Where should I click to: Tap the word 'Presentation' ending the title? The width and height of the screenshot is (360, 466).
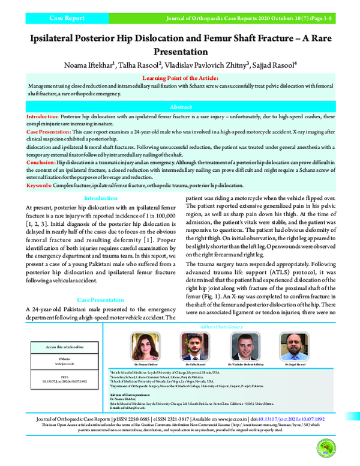[x=180, y=52]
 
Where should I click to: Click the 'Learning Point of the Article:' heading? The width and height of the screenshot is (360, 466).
[x=180, y=78]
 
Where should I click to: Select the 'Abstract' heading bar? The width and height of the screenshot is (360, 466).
[x=180, y=105]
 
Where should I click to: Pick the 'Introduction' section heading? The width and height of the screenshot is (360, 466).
[x=101, y=198]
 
